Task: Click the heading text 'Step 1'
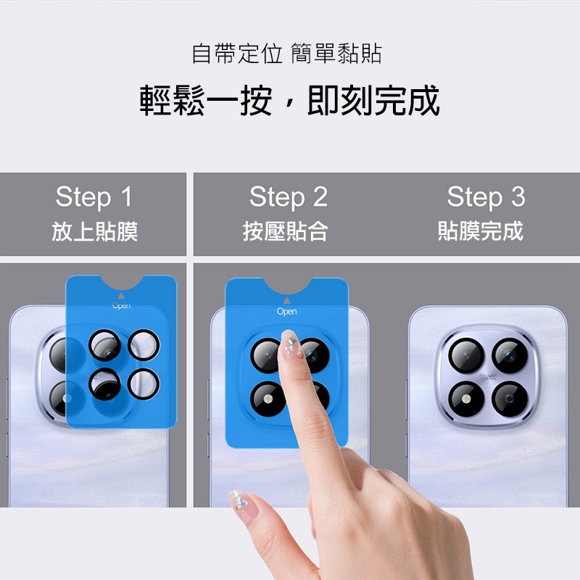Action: click(94, 196)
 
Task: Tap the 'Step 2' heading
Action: click(289, 196)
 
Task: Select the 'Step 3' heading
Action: click(486, 196)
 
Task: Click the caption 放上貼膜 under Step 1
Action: click(95, 231)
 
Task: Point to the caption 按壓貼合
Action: click(285, 231)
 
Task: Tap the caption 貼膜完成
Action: click(481, 231)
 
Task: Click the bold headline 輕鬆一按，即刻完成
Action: click(289, 100)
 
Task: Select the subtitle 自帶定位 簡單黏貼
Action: click(286, 53)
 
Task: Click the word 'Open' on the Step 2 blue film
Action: click(286, 312)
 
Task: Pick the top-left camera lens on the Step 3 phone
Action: click(466, 355)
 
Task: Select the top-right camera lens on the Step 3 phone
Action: click(510, 355)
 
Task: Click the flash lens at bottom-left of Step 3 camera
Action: click(466, 399)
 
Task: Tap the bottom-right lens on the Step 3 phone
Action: click(510, 399)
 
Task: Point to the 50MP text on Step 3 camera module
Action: click(488, 376)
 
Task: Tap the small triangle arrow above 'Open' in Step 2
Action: click(286, 300)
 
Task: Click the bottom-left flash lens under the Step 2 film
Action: click(268, 399)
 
